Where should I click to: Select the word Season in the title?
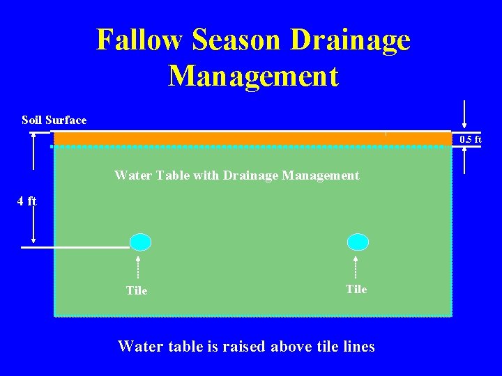pyautogui.click(x=237, y=40)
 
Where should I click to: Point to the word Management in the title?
pyautogui.click(x=253, y=76)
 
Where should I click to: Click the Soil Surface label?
pyautogui.click(x=54, y=120)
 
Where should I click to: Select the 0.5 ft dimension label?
pyautogui.click(x=470, y=139)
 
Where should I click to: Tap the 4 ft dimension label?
pyautogui.click(x=26, y=201)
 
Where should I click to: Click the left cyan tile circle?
pyautogui.click(x=140, y=242)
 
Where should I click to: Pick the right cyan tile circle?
pyautogui.click(x=358, y=242)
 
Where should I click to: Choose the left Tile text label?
pyautogui.click(x=137, y=290)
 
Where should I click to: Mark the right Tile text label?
pyautogui.click(x=356, y=289)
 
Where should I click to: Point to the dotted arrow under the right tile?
pyautogui.click(x=356, y=267)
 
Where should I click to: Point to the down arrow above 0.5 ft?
pyautogui.click(x=464, y=115)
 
